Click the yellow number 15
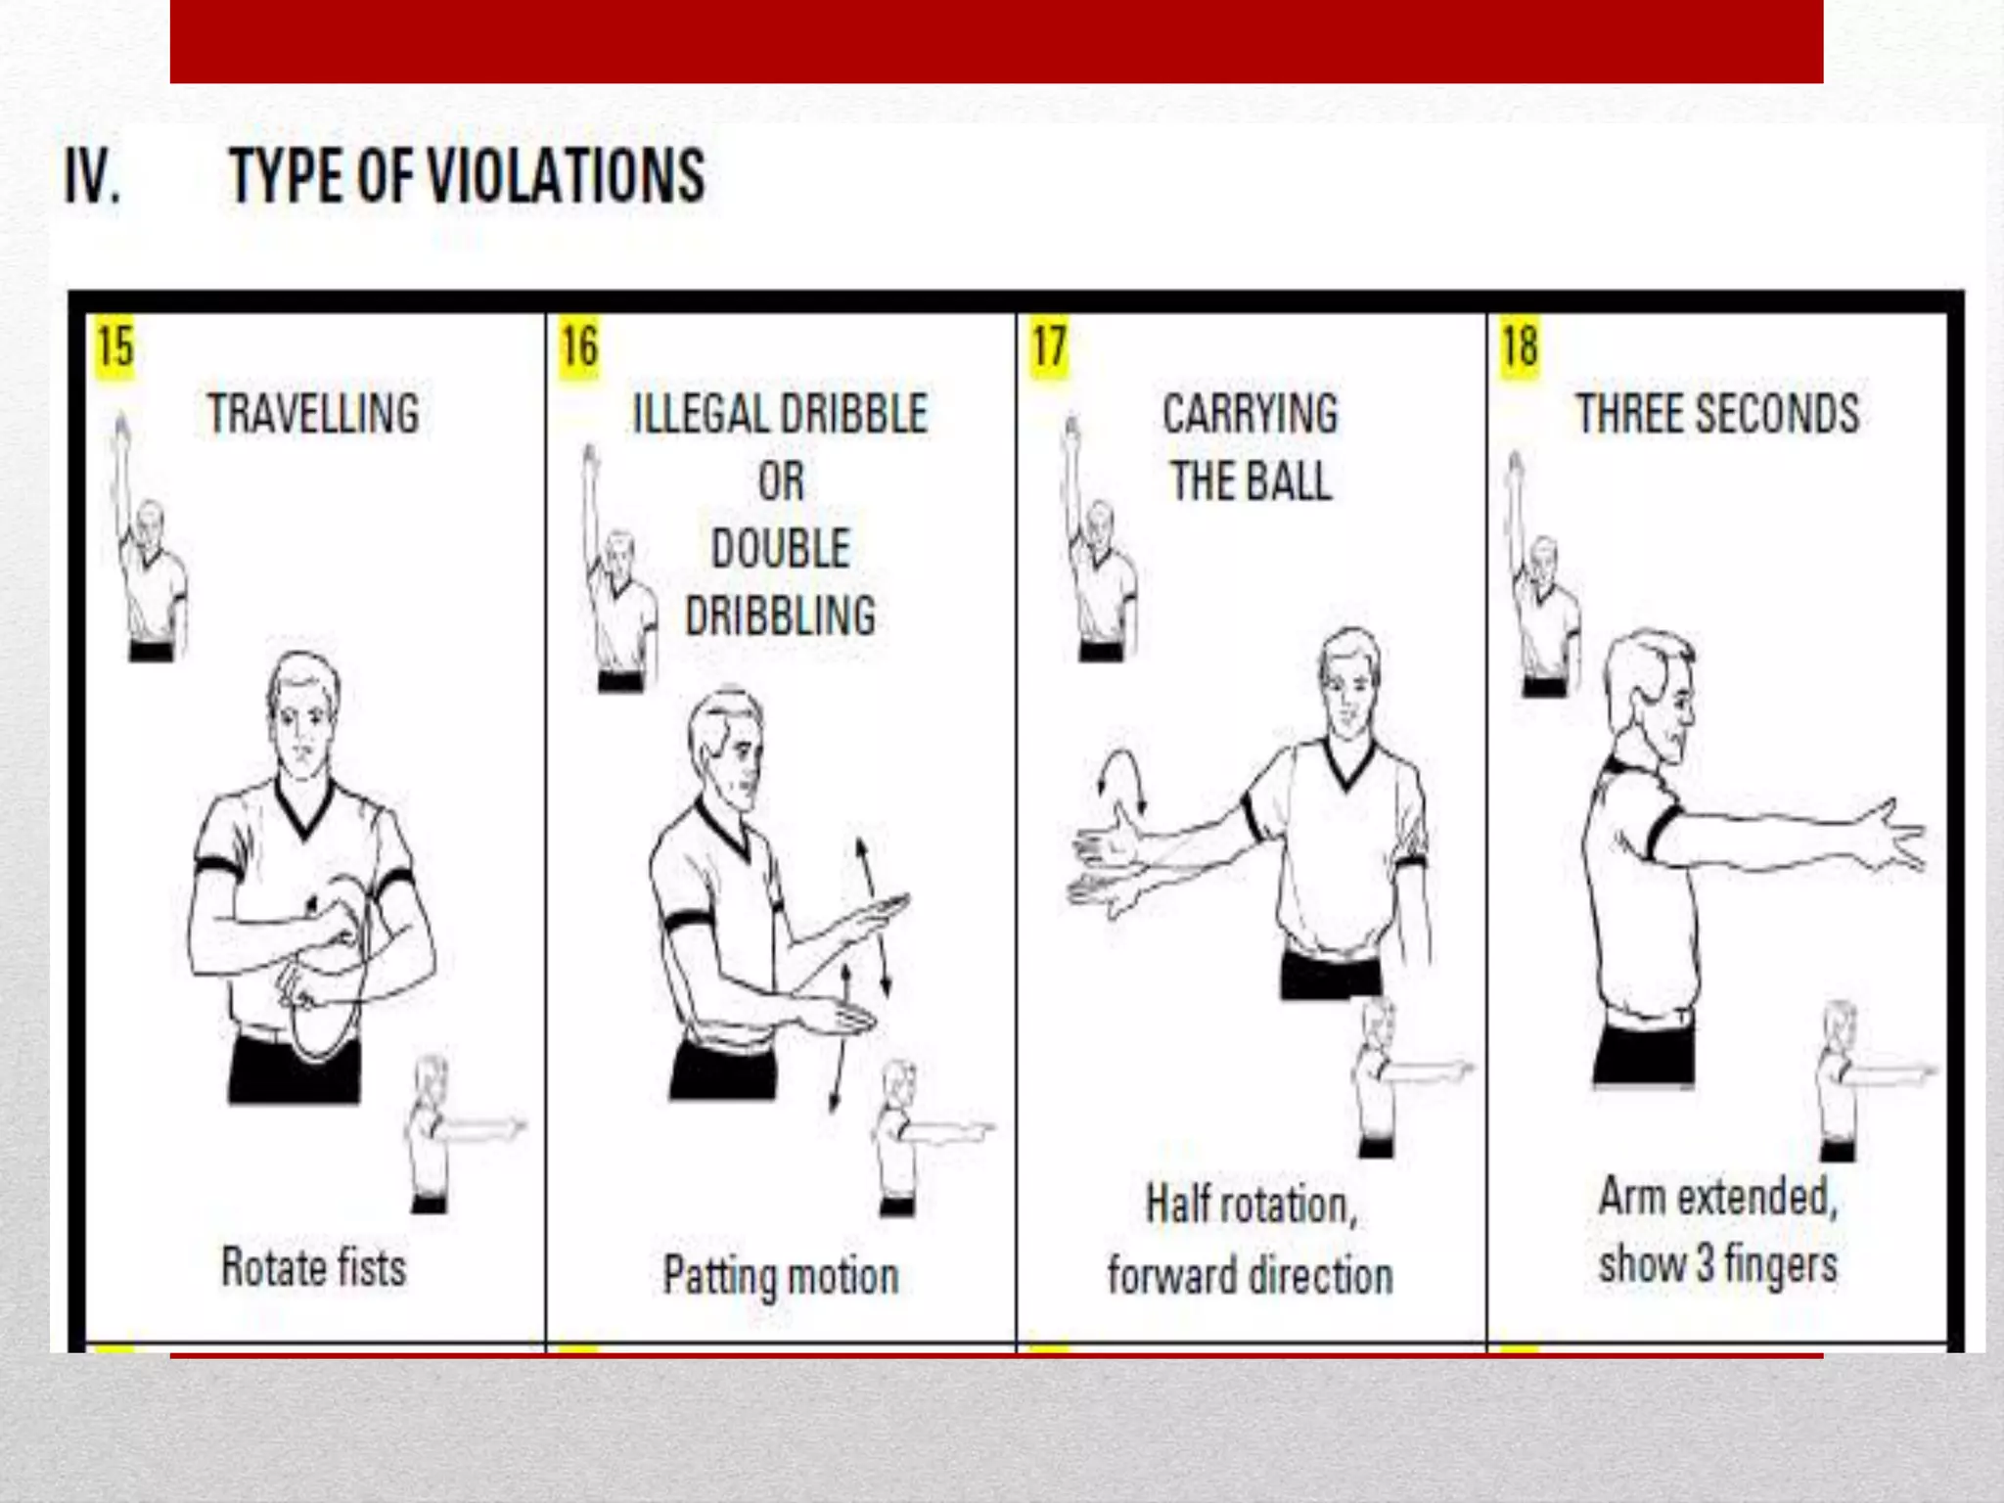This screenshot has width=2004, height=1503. [115, 347]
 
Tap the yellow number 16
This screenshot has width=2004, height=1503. [579, 347]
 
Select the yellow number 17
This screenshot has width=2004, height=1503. [1049, 347]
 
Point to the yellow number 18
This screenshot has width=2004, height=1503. [1520, 347]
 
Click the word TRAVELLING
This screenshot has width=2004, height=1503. [313, 414]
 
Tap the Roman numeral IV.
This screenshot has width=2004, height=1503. [92, 177]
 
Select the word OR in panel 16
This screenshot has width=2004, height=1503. [780, 481]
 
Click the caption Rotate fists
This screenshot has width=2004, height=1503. [313, 1268]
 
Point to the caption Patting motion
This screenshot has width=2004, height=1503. [780, 1276]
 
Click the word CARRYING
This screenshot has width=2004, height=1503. [1250, 414]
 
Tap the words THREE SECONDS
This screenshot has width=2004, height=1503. [1717, 414]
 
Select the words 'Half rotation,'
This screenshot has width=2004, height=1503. [1251, 1205]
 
